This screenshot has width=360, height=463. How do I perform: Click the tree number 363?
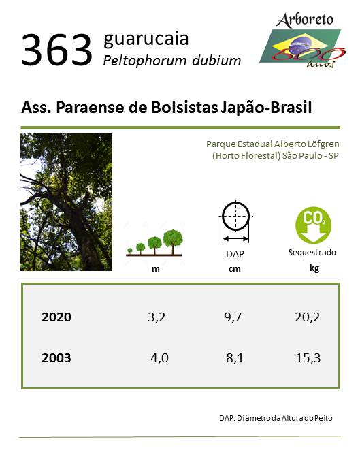pos(56,50)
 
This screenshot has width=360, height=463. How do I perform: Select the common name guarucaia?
pos(146,39)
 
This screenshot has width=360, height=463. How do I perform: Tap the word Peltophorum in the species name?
pos(145,61)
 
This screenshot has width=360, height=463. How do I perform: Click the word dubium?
pos(216,61)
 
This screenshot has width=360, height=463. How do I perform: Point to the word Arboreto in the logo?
pos(305,20)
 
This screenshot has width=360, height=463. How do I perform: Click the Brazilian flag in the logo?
pos(300,46)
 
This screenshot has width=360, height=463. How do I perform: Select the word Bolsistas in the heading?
pos(184,107)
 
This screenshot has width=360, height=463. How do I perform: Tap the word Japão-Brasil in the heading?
pos(266,108)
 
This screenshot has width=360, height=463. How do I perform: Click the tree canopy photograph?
pos(67,202)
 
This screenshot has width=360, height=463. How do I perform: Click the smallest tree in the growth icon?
pos(130,251)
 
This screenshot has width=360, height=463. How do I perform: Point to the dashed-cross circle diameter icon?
pos(235,216)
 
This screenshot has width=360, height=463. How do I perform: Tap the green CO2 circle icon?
pos(313,225)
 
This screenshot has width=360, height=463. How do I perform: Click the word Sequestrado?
pos(312,253)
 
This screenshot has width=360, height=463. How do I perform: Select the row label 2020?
pos(56,317)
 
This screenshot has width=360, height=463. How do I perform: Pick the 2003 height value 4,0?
pos(159,358)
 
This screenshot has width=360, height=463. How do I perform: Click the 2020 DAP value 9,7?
pos(233,317)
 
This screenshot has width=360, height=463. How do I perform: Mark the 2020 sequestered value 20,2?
pos(307,317)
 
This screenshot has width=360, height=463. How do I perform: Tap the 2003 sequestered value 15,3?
pos(308,358)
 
